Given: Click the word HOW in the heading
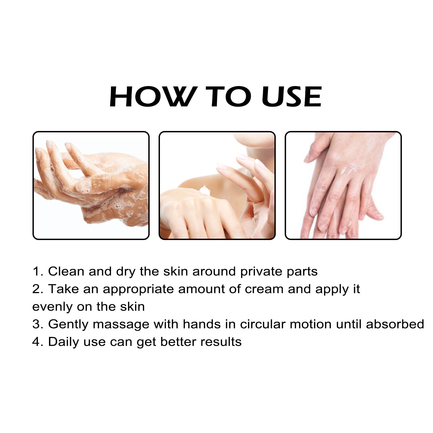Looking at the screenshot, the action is pos(152,97).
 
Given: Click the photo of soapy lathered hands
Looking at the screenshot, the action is pos(91,185).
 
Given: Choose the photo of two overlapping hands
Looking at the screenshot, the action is pos(343,185).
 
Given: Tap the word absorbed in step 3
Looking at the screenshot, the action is pos(395,324).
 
